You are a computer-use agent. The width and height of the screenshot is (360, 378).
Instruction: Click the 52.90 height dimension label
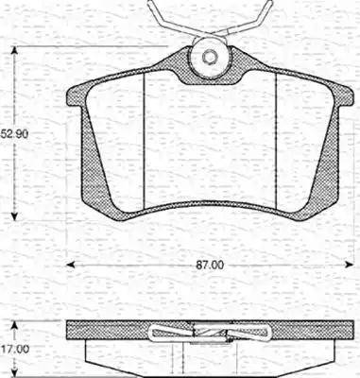(x=14, y=134)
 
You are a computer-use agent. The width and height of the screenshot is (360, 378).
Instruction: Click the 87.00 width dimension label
(x=210, y=265)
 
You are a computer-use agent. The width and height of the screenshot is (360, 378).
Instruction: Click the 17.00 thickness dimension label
(x=14, y=349)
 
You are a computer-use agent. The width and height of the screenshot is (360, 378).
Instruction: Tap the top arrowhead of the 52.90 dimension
(x=14, y=50)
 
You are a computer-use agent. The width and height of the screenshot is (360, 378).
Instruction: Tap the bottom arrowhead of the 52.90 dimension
(x=14, y=216)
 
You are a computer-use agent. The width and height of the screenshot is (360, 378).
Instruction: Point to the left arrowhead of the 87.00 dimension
(x=70, y=265)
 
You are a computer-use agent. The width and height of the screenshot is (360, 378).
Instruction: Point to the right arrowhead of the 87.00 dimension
(x=349, y=265)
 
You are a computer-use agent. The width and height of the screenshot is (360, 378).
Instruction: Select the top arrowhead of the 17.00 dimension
(x=14, y=325)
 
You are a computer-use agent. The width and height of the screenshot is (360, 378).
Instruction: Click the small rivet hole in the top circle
(x=210, y=57)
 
